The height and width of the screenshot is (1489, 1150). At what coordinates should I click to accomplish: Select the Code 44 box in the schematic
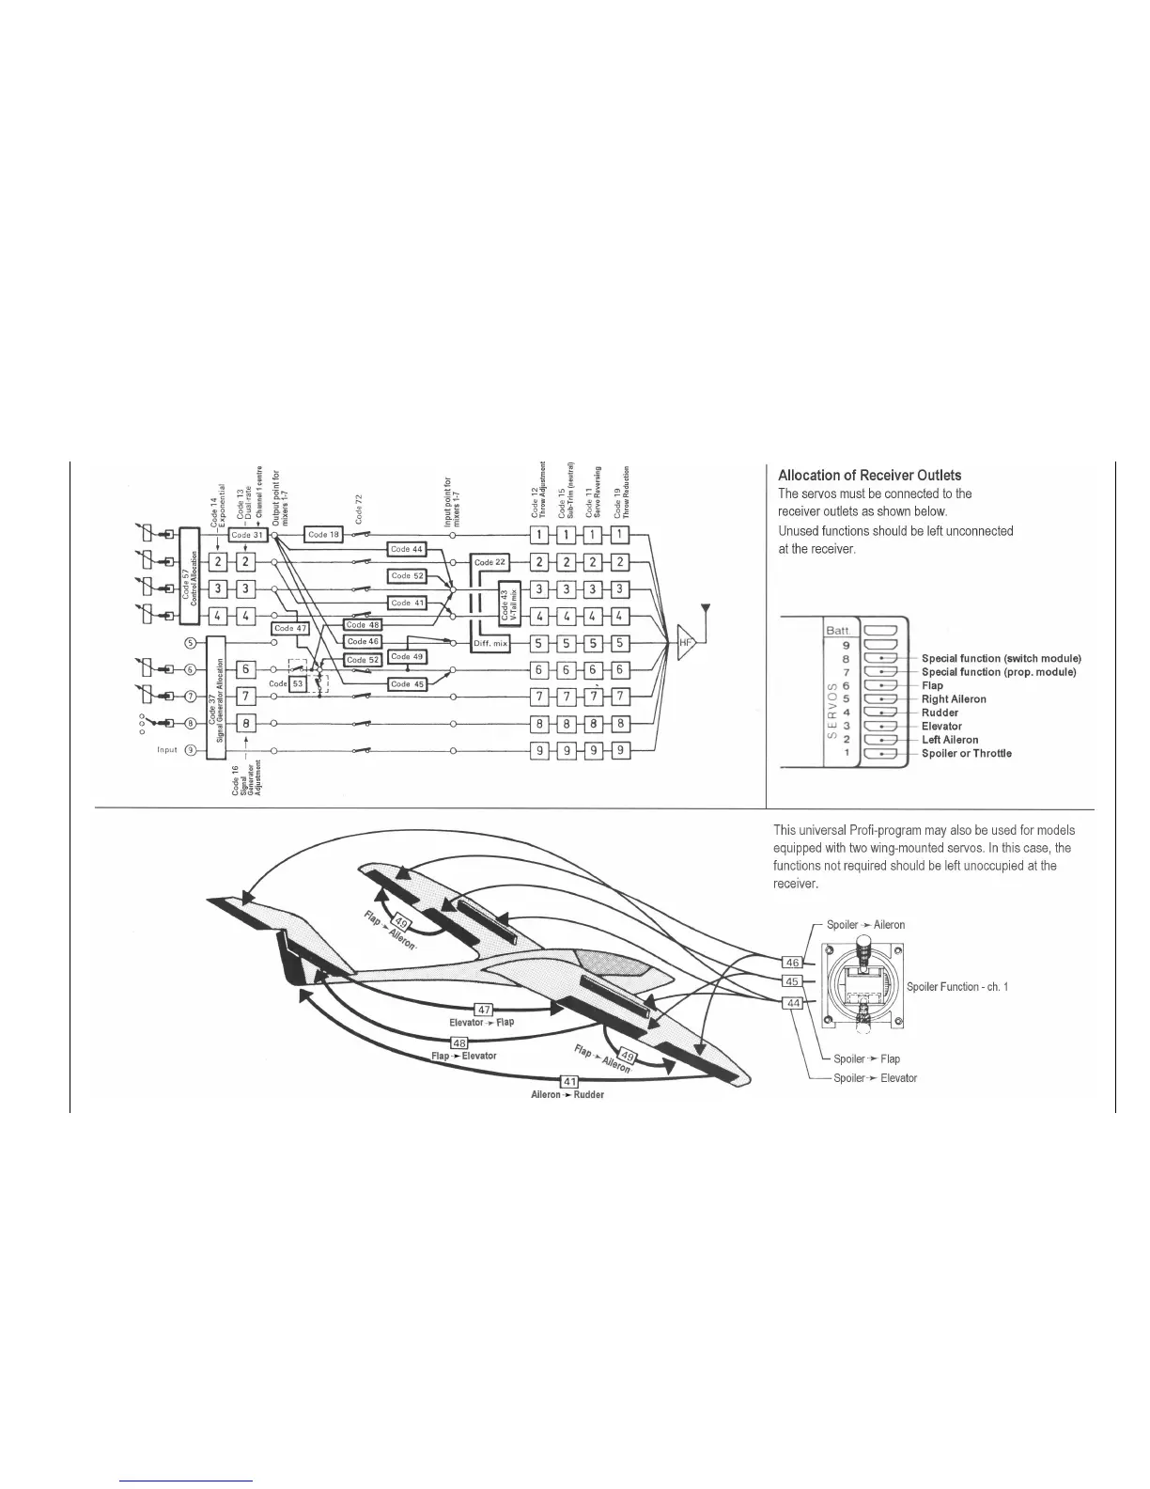tap(407, 549)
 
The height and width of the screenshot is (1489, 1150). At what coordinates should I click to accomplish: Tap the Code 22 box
tap(490, 562)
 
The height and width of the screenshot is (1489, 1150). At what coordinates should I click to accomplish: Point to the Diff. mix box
tap(490, 644)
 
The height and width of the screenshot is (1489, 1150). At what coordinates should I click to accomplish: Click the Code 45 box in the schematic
tap(407, 684)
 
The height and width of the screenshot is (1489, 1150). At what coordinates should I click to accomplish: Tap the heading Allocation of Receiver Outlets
tap(869, 475)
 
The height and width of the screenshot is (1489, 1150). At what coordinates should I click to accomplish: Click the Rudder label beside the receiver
tap(940, 713)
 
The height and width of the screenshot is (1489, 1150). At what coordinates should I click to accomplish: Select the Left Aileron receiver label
tap(950, 740)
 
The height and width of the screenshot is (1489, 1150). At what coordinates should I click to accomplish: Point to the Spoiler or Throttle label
tap(966, 753)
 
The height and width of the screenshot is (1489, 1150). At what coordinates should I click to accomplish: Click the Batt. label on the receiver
tap(837, 630)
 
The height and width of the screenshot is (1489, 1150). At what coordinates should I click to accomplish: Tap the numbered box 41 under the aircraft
tap(569, 1081)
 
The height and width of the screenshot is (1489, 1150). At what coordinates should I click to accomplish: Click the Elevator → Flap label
tap(482, 1022)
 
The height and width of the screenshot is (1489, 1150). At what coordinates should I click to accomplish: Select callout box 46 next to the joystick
tap(792, 963)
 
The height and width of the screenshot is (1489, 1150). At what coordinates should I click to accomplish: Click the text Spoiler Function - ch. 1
tap(957, 987)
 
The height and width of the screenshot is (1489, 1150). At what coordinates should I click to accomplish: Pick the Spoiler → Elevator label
tap(875, 1078)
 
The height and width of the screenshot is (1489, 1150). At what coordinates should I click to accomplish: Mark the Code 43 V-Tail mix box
tap(507, 602)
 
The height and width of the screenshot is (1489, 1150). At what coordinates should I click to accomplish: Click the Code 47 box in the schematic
tap(289, 628)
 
